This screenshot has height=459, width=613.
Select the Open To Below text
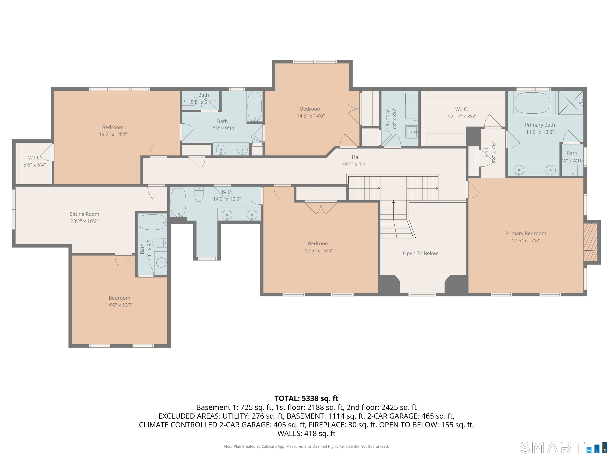pyautogui.click(x=420, y=253)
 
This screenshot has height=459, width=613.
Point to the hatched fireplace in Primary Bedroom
pyautogui.click(x=590, y=242)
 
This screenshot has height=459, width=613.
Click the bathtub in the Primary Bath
pyautogui.click(x=532, y=103)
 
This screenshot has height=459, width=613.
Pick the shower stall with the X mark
pyautogui.click(x=570, y=102)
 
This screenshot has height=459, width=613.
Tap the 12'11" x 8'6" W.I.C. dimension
pyautogui.click(x=462, y=117)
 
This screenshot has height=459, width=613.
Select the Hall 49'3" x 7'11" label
pyautogui.click(x=356, y=161)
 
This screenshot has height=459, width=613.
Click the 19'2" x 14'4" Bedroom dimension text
pyautogui.click(x=113, y=134)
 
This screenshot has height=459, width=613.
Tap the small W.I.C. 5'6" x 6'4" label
pyautogui.click(x=34, y=161)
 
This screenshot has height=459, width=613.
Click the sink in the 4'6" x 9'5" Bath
pyautogui.click(x=161, y=262)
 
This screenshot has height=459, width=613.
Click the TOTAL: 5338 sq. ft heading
pyautogui.click(x=306, y=398)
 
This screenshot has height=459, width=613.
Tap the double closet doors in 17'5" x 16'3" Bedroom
pyautogui.click(x=321, y=208)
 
